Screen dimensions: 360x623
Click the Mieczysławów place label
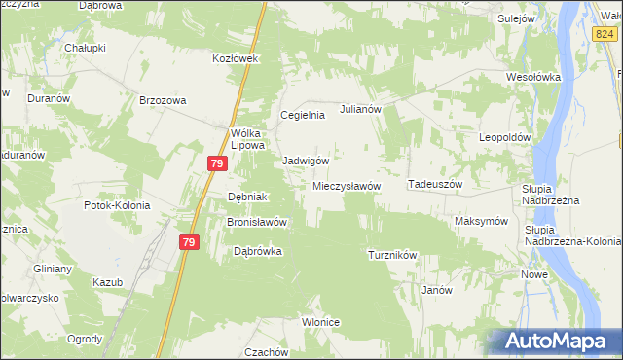coord(347,185)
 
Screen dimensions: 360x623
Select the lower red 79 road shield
coord(189,242)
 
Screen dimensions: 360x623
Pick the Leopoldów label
coord(505,137)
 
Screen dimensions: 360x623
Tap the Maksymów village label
coord(482,221)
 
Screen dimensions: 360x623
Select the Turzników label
coord(392,255)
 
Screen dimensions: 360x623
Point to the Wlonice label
coord(320,322)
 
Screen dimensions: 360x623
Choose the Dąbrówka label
coord(258,250)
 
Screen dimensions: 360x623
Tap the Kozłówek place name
coord(235,58)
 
